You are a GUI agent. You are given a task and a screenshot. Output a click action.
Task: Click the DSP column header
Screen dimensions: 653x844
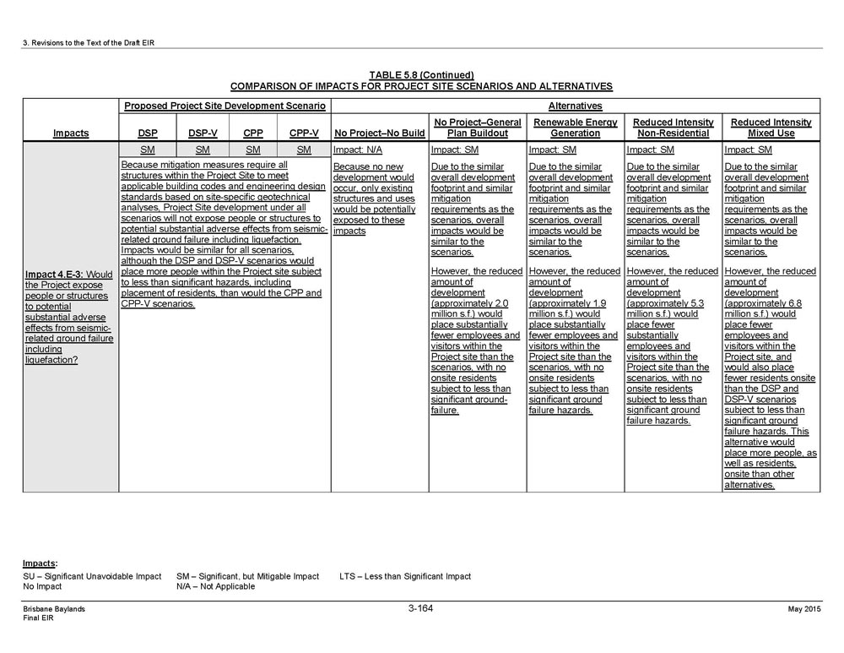click(148, 133)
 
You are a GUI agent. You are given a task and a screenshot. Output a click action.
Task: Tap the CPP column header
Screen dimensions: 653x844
click(253, 133)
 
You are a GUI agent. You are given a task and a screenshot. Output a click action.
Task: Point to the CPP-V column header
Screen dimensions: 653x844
click(304, 133)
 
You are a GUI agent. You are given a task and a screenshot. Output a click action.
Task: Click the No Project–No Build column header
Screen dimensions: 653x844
click(380, 133)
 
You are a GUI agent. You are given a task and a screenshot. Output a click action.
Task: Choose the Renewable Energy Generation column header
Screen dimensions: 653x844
click(575, 128)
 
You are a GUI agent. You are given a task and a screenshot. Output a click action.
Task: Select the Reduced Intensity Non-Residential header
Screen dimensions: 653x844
click(673, 128)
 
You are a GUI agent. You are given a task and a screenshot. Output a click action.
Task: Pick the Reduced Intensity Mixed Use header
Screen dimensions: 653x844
click(771, 128)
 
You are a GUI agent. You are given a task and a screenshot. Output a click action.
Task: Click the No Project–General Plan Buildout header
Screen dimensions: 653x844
click(477, 128)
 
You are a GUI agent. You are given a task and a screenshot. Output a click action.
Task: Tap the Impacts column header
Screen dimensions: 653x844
click(71, 133)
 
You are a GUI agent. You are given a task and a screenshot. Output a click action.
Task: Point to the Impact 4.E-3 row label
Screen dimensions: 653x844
click(69, 317)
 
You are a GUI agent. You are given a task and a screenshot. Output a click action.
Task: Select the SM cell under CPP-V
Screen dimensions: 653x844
click(304, 150)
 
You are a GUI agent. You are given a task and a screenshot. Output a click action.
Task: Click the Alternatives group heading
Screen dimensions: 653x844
click(575, 106)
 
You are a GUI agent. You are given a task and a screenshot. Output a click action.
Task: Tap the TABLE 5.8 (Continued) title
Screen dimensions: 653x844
click(421, 75)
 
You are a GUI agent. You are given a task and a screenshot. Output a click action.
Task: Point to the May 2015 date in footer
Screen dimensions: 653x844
click(804, 610)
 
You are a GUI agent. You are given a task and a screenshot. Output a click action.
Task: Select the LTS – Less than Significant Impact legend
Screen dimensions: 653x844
click(405, 576)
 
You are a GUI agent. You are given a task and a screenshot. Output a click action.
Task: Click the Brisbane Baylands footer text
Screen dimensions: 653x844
click(53, 609)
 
